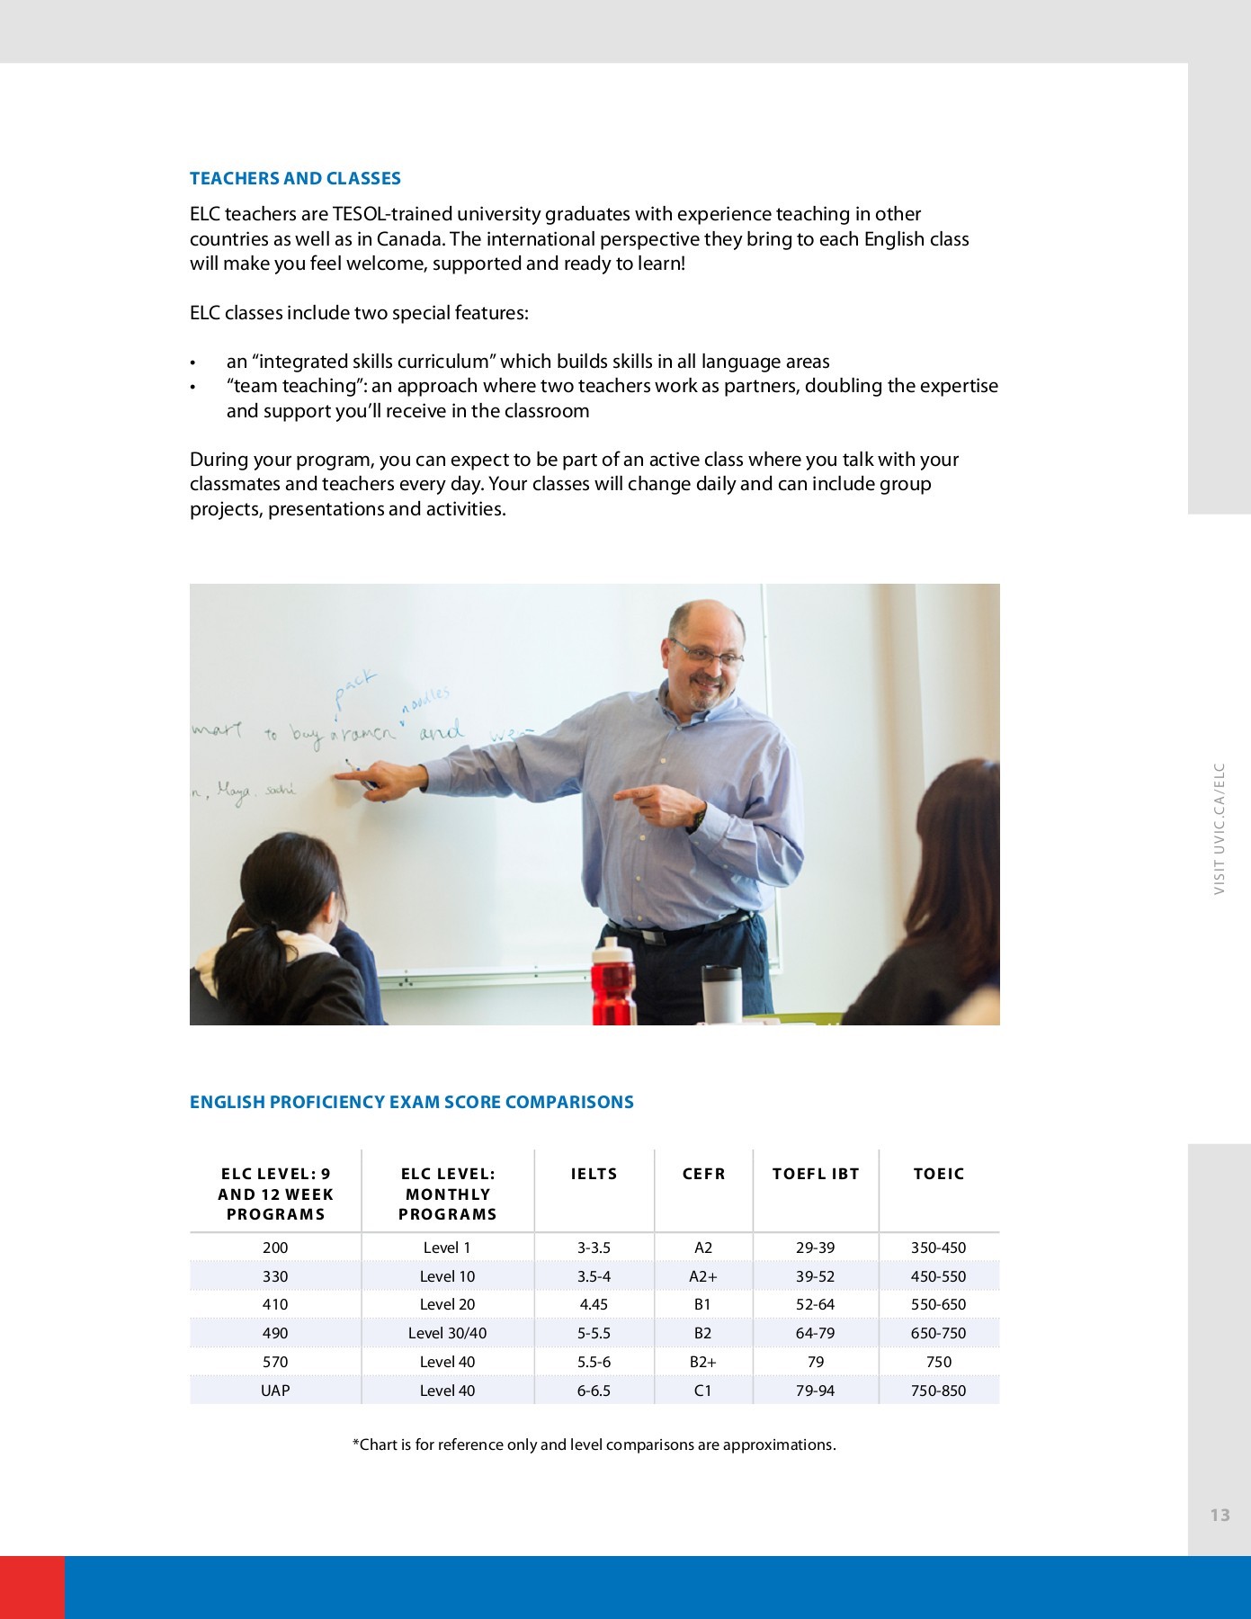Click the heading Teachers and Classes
point(295,178)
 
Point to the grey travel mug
point(721,994)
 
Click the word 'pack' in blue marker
point(354,690)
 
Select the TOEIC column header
point(938,1174)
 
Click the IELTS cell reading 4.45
point(594,1304)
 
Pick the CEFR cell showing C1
point(702,1391)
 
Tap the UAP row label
point(275,1391)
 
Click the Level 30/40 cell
point(447,1333)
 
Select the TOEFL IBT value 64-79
point(815,1333)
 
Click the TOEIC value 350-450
point(938,1248)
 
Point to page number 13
point(1220,1516)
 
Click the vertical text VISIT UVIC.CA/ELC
point(1220,828)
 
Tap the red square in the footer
point(32,1588)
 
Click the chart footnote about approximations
point(594,1445)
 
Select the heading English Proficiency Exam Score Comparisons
point(411,1102)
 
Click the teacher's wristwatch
point(699,819)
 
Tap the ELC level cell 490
point(275,1333)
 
